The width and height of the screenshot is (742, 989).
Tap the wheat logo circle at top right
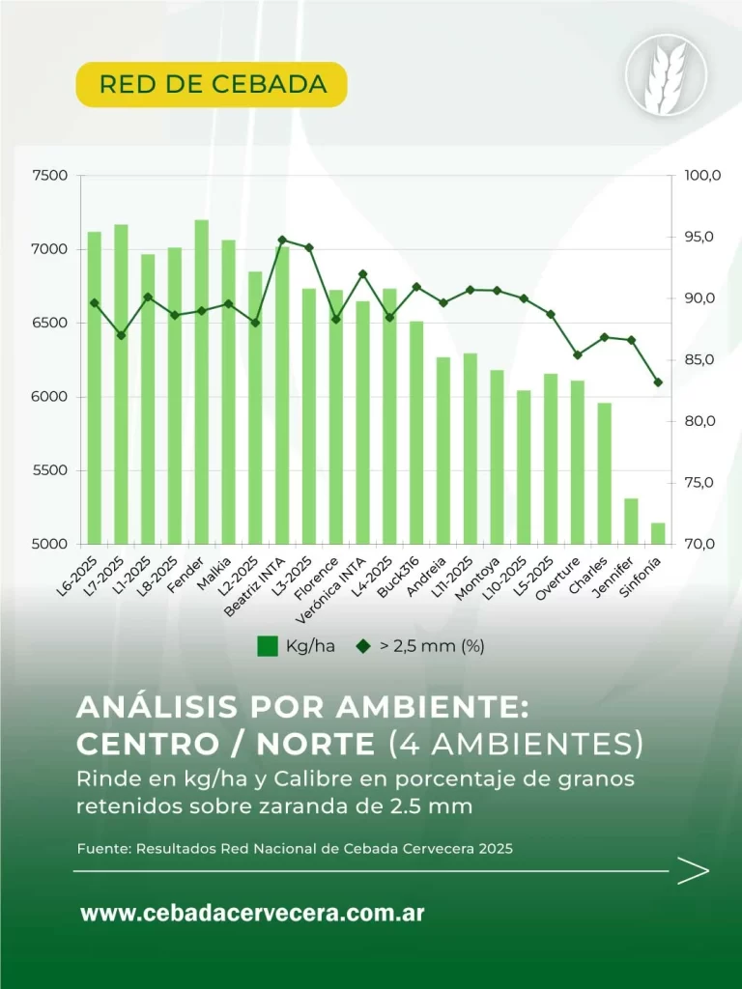pos(666,74)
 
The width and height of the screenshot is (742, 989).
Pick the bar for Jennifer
pos(631,521)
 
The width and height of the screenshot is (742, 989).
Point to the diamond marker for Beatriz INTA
pos(282,240)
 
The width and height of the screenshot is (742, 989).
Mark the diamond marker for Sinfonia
pos(658,382)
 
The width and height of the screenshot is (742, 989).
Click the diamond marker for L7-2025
pos(121,335)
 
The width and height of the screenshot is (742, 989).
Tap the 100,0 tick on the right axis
pos(701,176)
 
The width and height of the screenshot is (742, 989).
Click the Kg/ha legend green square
pos(268,646)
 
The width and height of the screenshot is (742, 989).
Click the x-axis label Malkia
pos(217,570)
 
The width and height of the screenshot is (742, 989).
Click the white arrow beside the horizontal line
pos(693,871)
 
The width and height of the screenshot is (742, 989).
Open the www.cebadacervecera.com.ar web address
pos(252,913)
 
